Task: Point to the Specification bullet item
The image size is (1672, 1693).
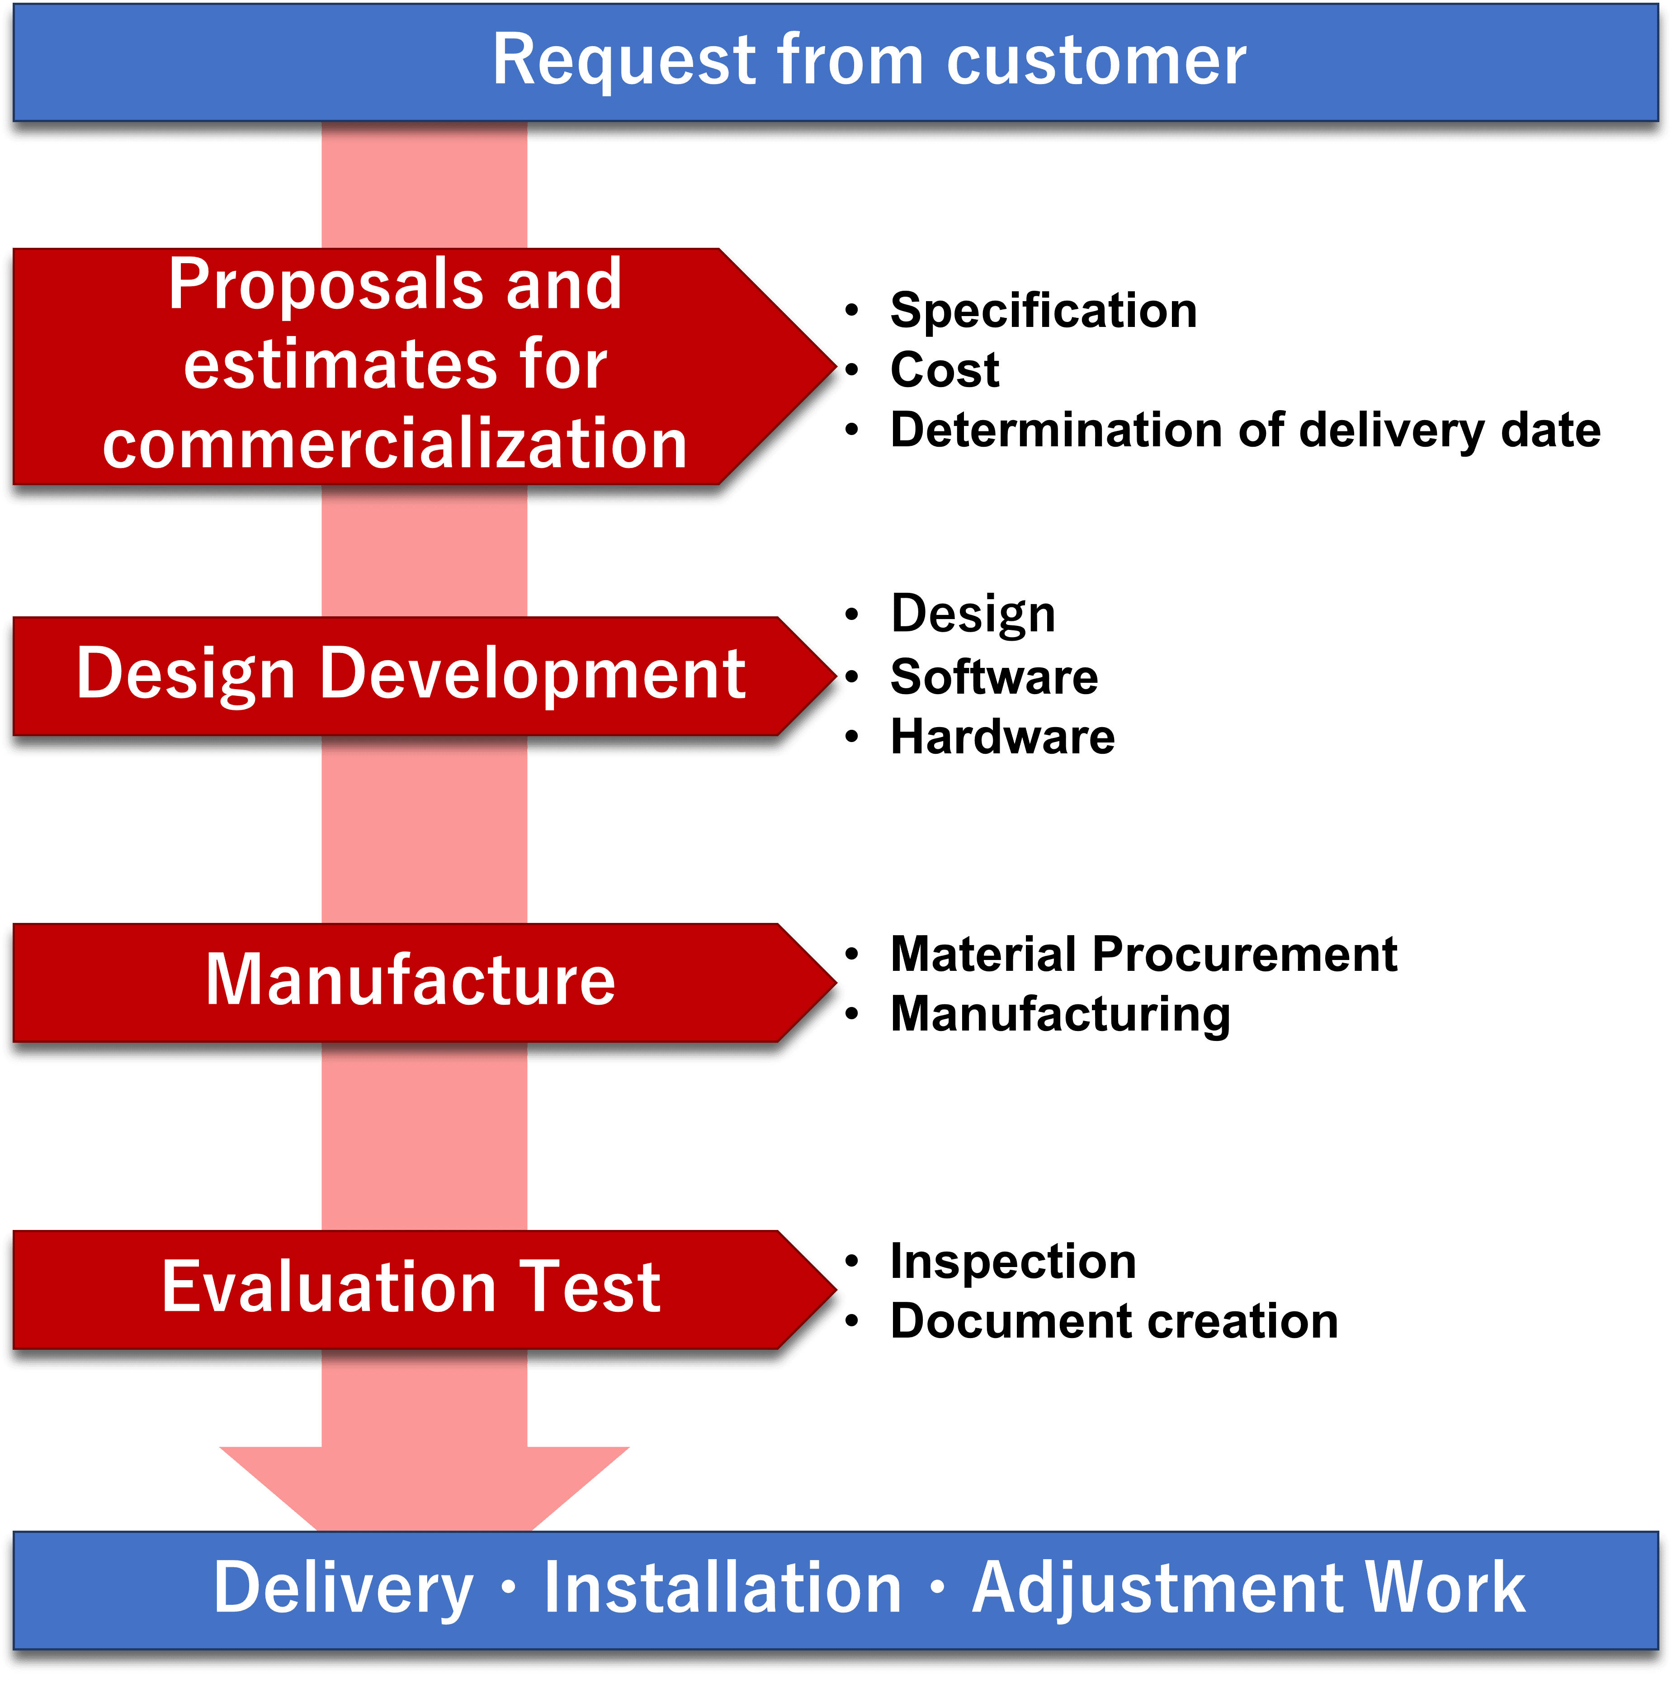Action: pos(1043,311)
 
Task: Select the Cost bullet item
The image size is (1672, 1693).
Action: pos(945,370)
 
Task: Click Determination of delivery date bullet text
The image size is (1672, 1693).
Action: pos(1244,430)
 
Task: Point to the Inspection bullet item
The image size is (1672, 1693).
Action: pos(1013,1262)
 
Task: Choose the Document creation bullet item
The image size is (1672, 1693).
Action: pos(1114,1321)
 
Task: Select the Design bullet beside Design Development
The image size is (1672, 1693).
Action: pos(973,614)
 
